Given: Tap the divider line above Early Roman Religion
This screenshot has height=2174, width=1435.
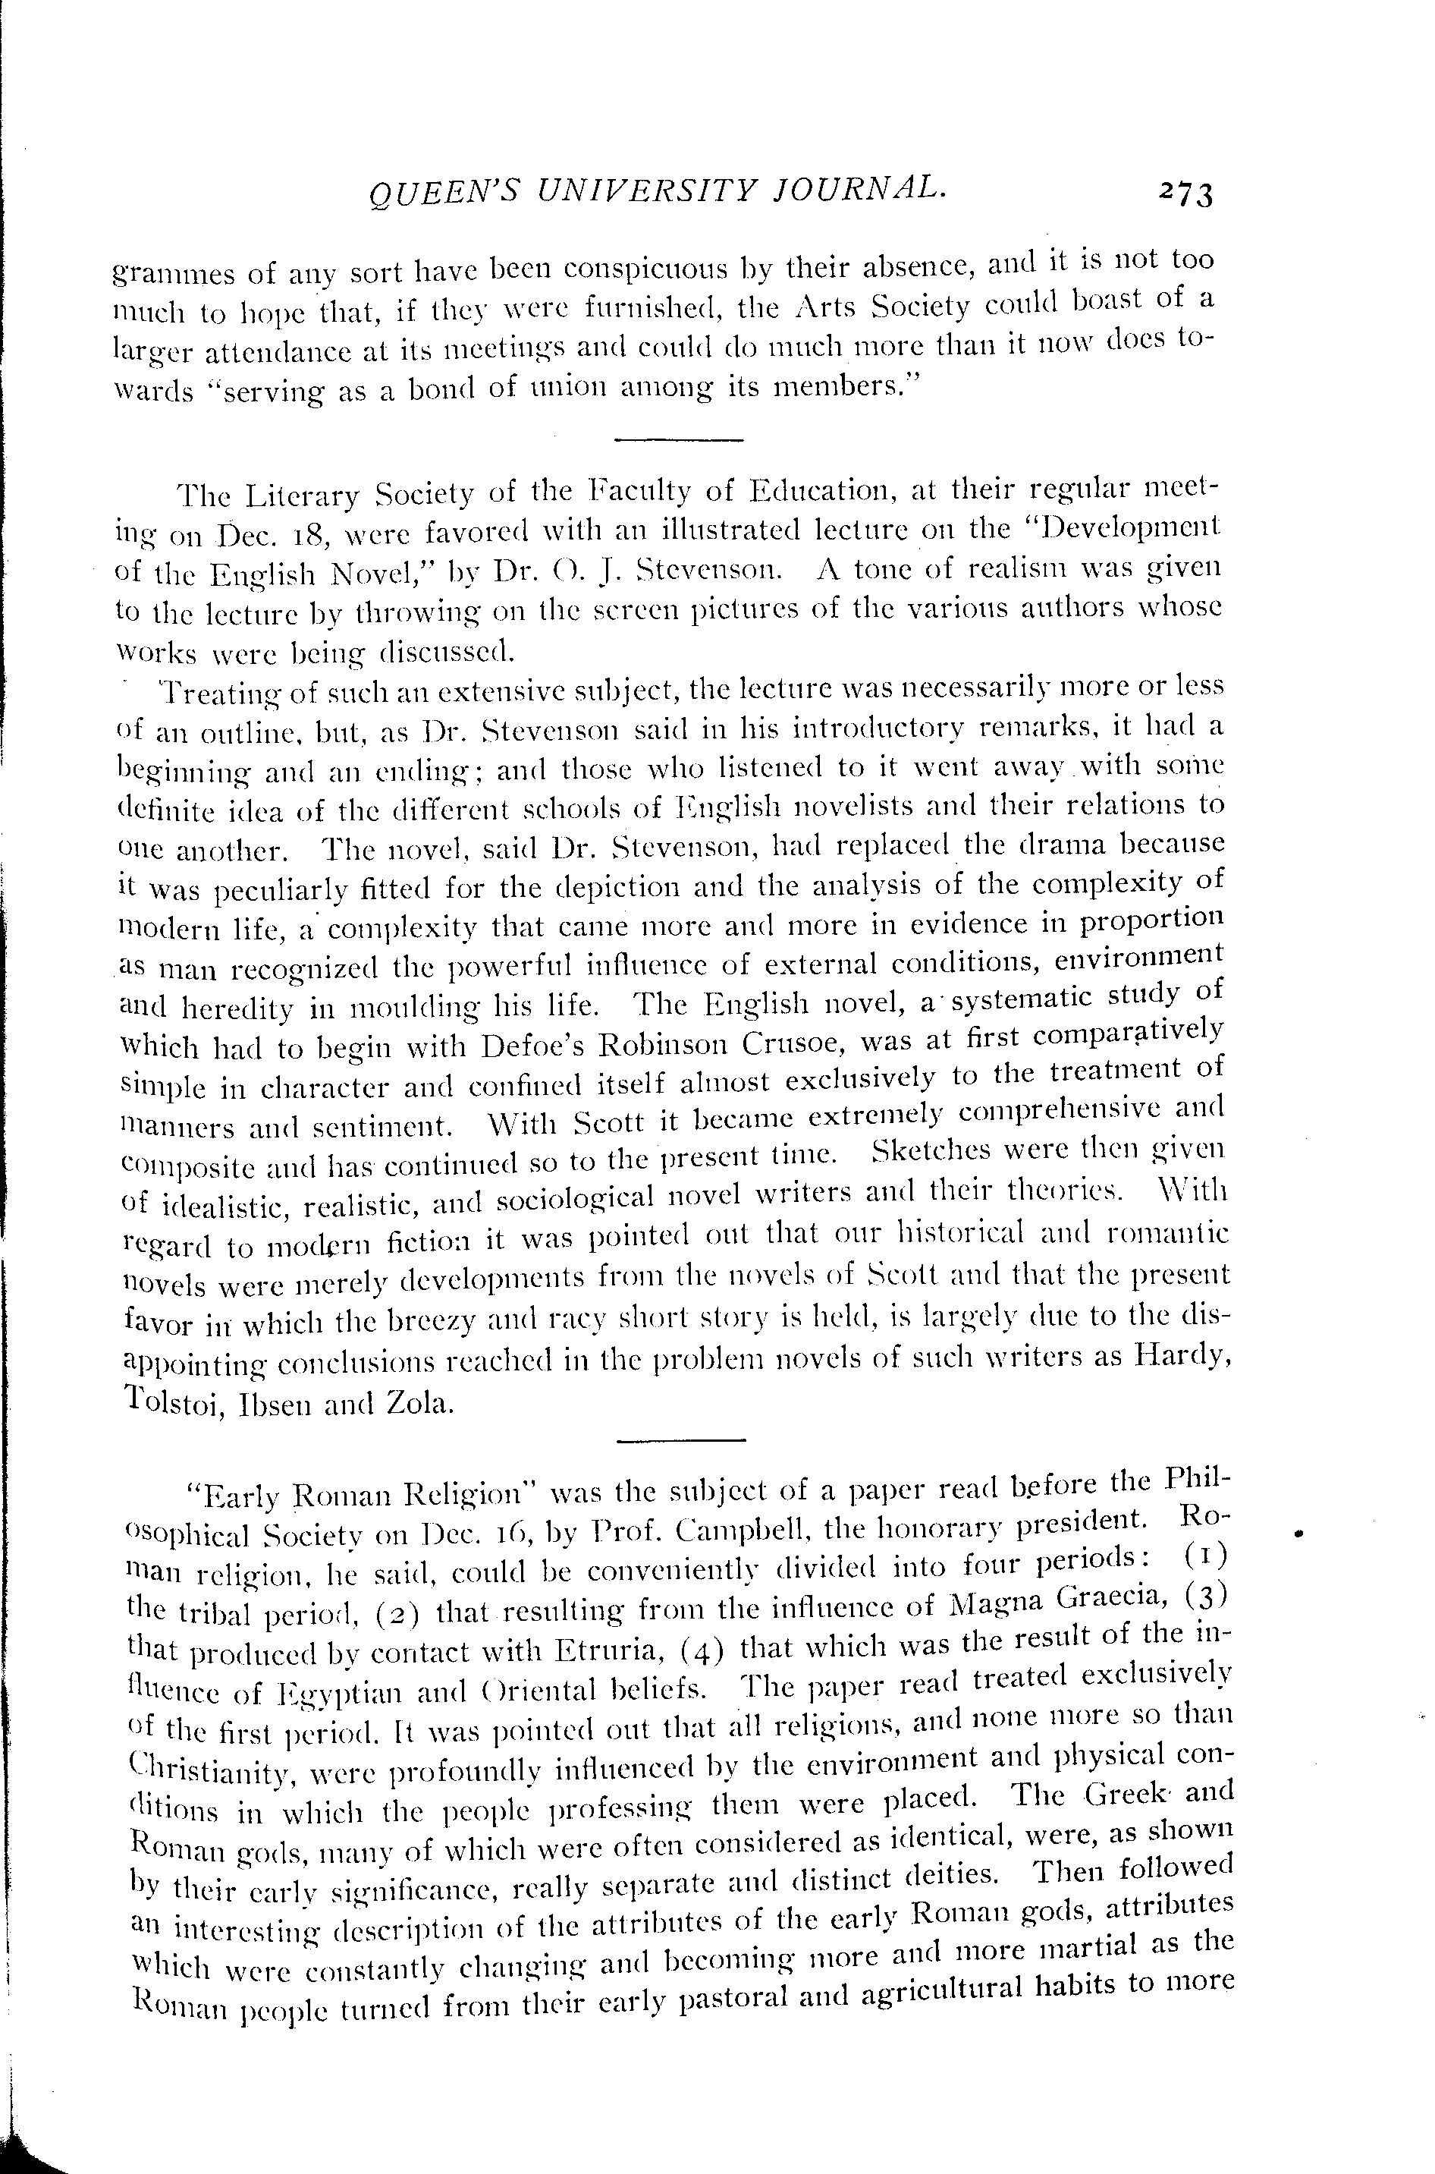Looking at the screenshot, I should (x=682, y=1443).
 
